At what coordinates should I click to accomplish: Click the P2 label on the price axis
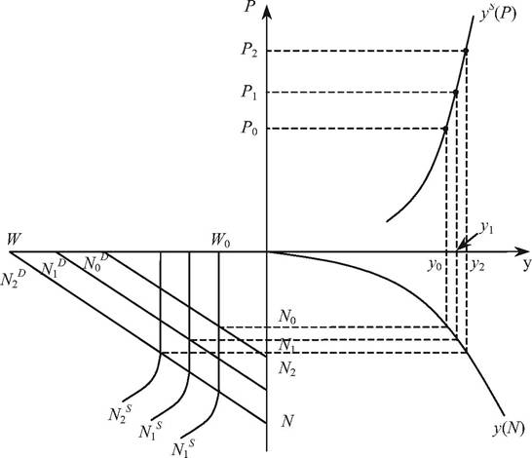click(249, 50)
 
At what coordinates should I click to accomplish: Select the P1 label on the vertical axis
click(249, 92)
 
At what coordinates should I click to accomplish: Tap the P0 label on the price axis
click(249, 129)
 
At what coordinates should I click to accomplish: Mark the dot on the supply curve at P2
click(466, 51)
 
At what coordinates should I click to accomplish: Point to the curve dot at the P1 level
click(456, 93)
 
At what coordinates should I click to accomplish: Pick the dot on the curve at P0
click(445, 129)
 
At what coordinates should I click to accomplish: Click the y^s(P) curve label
click(497, 15)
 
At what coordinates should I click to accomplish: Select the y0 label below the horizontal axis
click(435, 265)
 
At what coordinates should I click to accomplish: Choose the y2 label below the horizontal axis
click(477, 265)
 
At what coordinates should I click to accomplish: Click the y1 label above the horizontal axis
click(486, 229)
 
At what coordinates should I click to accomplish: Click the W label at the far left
click(13, 240)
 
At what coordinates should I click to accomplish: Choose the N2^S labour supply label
click(120, 413)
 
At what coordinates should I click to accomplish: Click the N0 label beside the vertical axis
click(287, 318)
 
